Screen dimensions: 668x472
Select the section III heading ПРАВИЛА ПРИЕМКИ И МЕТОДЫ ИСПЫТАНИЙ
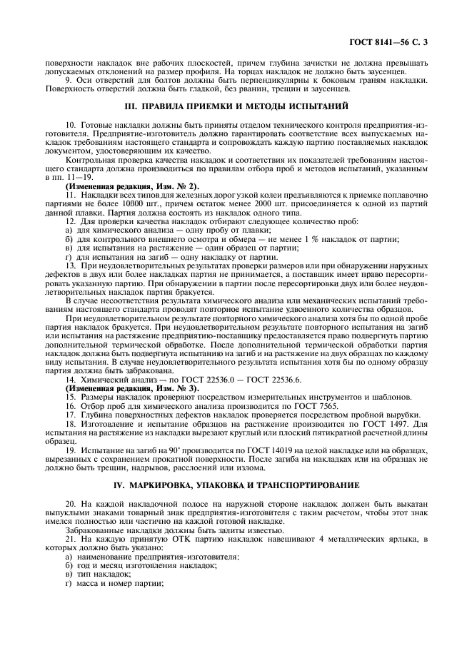[236, 107]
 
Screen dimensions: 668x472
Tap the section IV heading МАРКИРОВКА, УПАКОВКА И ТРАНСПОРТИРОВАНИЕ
[236, 485]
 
